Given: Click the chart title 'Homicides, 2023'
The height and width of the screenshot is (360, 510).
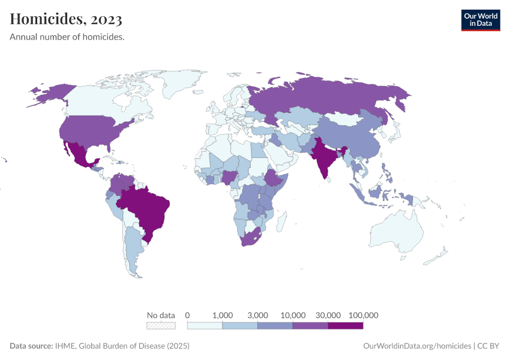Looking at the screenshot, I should click(66, 19).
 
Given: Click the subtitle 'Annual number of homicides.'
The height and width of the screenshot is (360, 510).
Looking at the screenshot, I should click(67, 37).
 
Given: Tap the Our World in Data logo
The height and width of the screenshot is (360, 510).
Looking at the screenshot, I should click(480, 19).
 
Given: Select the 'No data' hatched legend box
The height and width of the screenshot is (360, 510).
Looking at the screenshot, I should click(161, 326).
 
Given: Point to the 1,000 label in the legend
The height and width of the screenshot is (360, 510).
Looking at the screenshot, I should click(223, 315).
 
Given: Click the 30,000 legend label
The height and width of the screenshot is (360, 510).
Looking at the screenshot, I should click(328, 315).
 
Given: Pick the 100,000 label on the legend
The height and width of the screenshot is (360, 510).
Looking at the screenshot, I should click(363, 315).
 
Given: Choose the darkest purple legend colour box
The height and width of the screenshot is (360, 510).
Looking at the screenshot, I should click(346, 326).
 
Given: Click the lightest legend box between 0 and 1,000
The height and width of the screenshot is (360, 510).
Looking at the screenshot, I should click(205, 326).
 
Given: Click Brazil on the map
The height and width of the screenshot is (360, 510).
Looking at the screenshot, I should click(147, 207).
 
